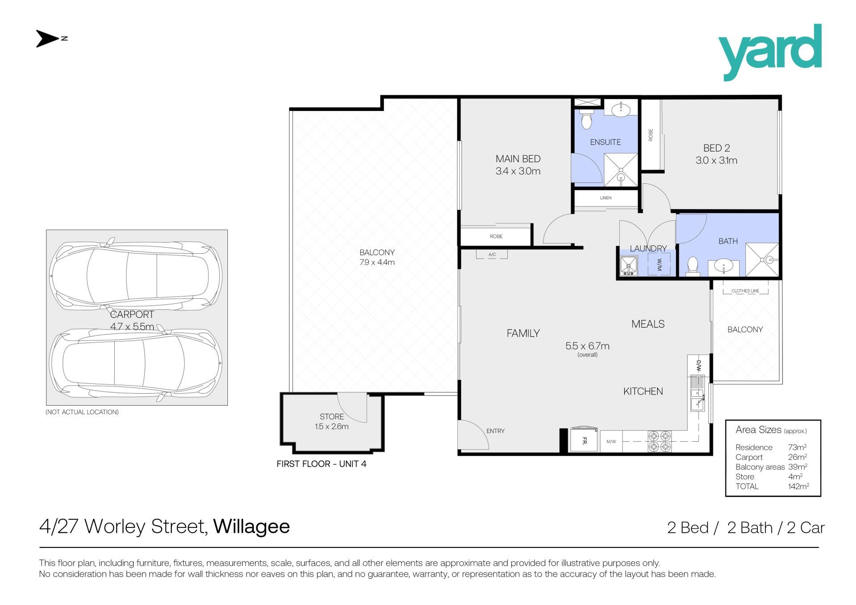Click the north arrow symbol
tap(48, 39)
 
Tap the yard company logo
tap(770, 52)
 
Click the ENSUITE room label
tap(605, 142)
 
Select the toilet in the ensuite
tap(586, 120)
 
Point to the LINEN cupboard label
tap(605, 198)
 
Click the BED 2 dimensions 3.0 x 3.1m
tap(716, 161)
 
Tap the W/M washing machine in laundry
tap(659, 265)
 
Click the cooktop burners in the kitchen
tap(659, 441)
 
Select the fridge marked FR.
tap(584, 440)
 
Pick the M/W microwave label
tap(611, 442)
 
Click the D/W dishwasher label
tap(699, 366)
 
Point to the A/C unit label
tap(492, 255)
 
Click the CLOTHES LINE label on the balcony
tap(745, 291)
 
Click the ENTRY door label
tap(495, 431)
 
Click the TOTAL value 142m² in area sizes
tap(798, 486)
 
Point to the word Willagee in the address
tap(251, 527)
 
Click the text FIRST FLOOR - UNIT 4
tap(321, 464)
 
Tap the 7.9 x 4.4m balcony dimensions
tap(377, 263)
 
